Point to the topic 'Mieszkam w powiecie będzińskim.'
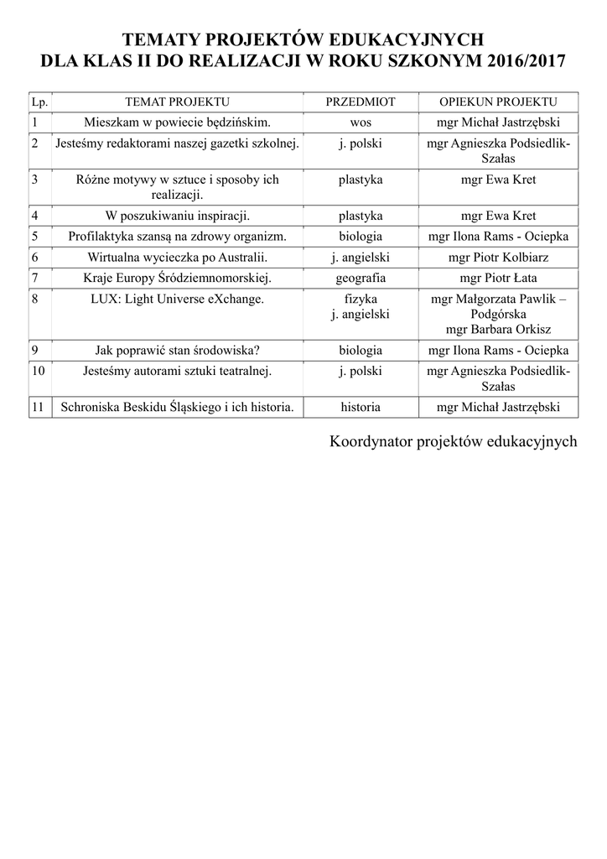click(x=176, y=121)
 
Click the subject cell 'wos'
click(x=361, y=121)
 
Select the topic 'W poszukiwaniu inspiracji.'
click(x=176, y=216)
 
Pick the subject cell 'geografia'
click(x=361, y=278)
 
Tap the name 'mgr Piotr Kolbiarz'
click(x=498, y=257)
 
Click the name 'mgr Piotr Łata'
click(x=498, y=278)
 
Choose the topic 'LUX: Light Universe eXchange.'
click(x=176, y=299)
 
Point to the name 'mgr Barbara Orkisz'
click(x=498, y=329)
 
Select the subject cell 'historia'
click(x=361, y=407)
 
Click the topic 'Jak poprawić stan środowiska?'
click(x=176, y=350)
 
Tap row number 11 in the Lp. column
click(x=37, y=407)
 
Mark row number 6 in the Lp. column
click(x=34, y=257)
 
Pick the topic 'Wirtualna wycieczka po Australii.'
click(x=176, y=257)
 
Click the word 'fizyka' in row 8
click(x=361, y=299)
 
